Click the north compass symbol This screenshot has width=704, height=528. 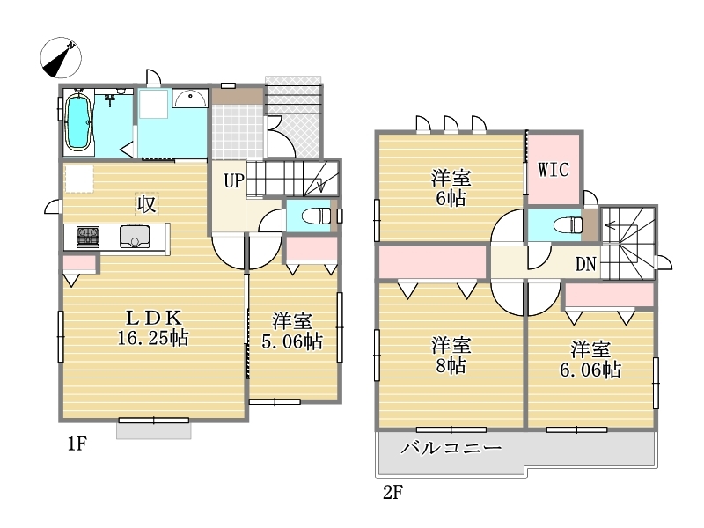point(61,58)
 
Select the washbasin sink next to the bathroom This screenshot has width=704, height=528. point(190,98)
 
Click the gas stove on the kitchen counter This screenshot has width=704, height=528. point(87,237)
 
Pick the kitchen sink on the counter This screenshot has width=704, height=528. point(135,236)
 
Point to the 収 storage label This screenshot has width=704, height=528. point(146,204)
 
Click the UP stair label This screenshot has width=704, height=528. point(234,181)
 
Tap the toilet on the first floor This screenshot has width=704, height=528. point(316,216)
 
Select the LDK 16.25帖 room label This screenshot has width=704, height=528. point(153,328)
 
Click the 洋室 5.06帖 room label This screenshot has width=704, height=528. point(292,332)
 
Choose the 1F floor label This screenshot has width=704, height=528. point(77,444)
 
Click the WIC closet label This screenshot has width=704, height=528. point(554,170)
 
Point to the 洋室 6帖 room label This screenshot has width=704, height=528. point(451,187)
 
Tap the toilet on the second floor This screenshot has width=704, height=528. point(568,224)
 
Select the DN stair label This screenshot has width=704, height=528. point(585,264)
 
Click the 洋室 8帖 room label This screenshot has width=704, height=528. point(451,356)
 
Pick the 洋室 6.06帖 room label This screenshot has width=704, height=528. point(590,359)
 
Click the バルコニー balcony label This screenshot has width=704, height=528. point(451,448)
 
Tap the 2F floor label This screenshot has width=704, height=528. point(392,493)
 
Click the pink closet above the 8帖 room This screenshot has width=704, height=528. point(433,261)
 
